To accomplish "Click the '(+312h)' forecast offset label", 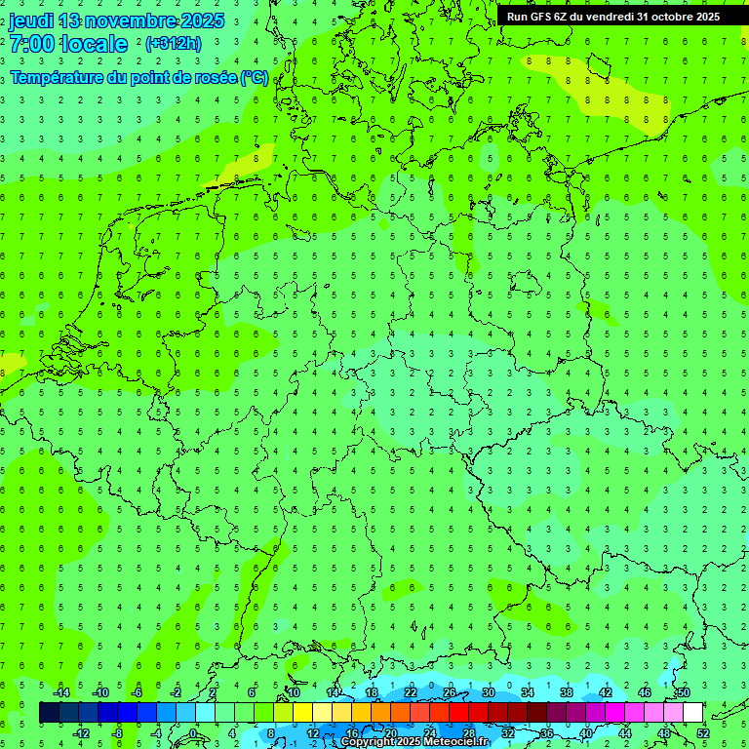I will coord(173,44).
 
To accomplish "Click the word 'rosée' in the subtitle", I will coord(211,77).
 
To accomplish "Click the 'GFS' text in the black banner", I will coord(542,16).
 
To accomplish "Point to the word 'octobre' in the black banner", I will coord(669,16).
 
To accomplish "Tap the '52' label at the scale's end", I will coord(703,733).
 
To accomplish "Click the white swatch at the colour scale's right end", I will coord(693,713).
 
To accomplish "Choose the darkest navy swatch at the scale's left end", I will coord(49,713).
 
